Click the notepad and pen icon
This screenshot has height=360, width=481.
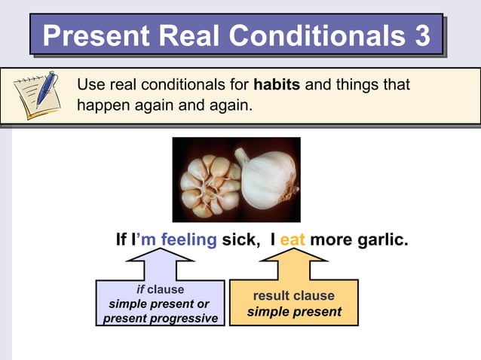(36, 95)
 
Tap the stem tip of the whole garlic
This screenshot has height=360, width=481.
(240, 154)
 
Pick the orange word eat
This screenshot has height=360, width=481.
(292, 240)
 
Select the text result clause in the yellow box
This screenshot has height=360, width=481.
(293, 295)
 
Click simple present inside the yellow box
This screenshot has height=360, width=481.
(294, 311)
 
